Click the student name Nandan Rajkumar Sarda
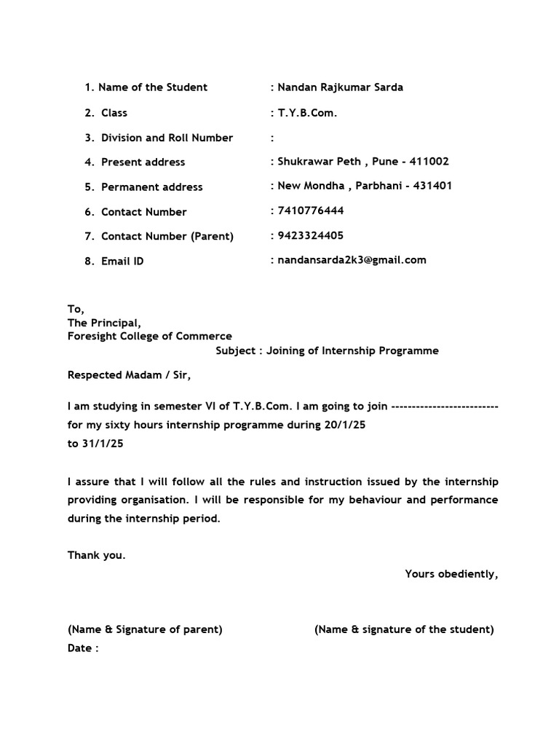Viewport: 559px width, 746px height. pyautogui.click(x=340, y=87)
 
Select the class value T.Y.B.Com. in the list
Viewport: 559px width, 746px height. pyautogui.click(x=307, y=112)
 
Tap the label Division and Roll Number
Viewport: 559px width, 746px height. pyautogui.click(x=167, y=138)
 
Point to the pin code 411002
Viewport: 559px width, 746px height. pyautogui.click(x=429, y=161)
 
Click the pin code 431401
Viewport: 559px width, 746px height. pyautogui.click(x=432, y=186)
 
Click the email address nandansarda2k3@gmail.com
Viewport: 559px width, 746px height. pyautogui.click(x=352, y=260)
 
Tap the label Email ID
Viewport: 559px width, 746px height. pyautogui.click(x=122, y=261)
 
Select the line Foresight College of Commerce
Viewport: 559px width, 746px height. pyautogui.click(x=150, y=337)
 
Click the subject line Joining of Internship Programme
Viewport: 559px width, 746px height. pyautogui.click(x=353, y=350)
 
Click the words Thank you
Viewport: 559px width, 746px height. pyautogui.click(x=97, y=555)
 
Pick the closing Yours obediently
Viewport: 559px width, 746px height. pyautogui.click(x=451, y=573)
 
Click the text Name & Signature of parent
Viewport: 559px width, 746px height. pyautogui.click(x=145, y=629)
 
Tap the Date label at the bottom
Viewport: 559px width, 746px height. pyautogui.click(x=82, y=648)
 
